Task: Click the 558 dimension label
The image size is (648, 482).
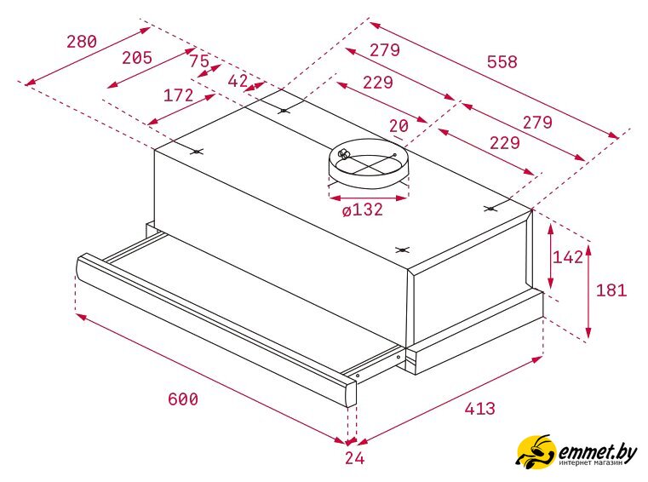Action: [502, 62]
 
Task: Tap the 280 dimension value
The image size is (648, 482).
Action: [82, 42]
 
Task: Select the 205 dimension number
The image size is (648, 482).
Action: [137, 58]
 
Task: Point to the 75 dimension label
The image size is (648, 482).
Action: [199, 61]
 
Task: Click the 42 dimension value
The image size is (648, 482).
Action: [238, 81]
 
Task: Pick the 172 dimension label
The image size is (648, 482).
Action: [179, 95]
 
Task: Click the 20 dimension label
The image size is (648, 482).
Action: [399, 126]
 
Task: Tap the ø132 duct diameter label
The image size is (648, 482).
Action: [363, 210]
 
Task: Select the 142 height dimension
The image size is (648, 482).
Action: [568, 257]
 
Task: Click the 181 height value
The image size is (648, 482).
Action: [611, 290]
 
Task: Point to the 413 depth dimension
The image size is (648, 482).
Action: [479, 409]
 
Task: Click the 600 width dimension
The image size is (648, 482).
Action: [183, 399]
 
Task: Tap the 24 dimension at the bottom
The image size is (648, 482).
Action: [354, 458]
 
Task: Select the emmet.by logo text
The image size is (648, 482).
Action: [598, 454]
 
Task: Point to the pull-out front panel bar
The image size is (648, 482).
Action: [216, 329]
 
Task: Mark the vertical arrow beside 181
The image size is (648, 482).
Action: [588, 291]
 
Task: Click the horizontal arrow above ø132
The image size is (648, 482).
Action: [368, 198]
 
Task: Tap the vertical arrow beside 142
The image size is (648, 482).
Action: [550, 256]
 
